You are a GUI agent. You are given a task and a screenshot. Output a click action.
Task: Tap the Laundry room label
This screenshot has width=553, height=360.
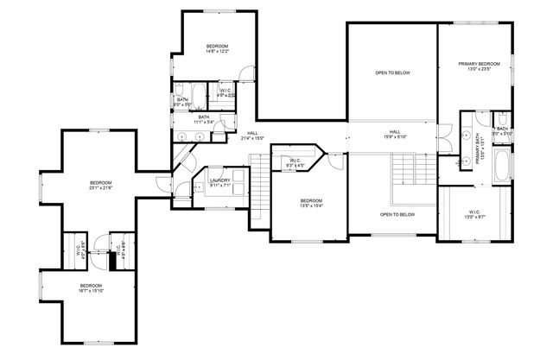coord(219,183)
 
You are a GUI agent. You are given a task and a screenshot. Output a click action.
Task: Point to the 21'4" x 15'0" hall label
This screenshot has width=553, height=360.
coord(251,136)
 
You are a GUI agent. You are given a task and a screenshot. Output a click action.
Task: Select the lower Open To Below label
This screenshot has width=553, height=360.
coord(397,214)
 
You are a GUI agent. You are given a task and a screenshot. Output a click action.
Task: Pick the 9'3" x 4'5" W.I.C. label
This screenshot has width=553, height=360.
coord(295,162)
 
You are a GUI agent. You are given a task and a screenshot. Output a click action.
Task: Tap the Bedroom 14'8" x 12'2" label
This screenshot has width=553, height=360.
coord(217,49)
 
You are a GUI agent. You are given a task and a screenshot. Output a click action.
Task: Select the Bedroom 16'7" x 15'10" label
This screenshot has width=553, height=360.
coord(92,288)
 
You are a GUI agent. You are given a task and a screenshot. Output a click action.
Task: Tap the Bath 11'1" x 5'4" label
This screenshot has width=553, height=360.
coord(204,119)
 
